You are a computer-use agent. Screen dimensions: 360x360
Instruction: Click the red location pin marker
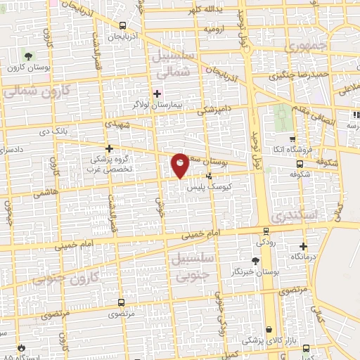click(x=180, y=165)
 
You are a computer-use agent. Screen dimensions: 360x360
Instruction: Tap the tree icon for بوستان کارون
click(x=27, y=56)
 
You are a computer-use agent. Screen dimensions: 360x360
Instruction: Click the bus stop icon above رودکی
click(x=265, y=230)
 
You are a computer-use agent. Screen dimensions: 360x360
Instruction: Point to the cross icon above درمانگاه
click(x=303, y=246)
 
